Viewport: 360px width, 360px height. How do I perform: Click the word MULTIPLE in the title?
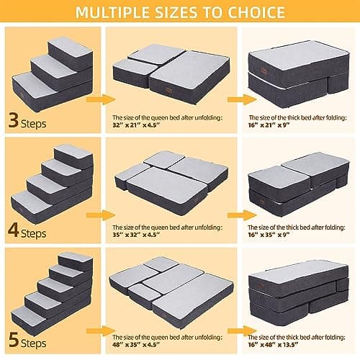pos(114,12)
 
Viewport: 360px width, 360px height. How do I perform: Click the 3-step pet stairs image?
pos(52,71)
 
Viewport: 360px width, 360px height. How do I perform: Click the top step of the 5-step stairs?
pos(75,261)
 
